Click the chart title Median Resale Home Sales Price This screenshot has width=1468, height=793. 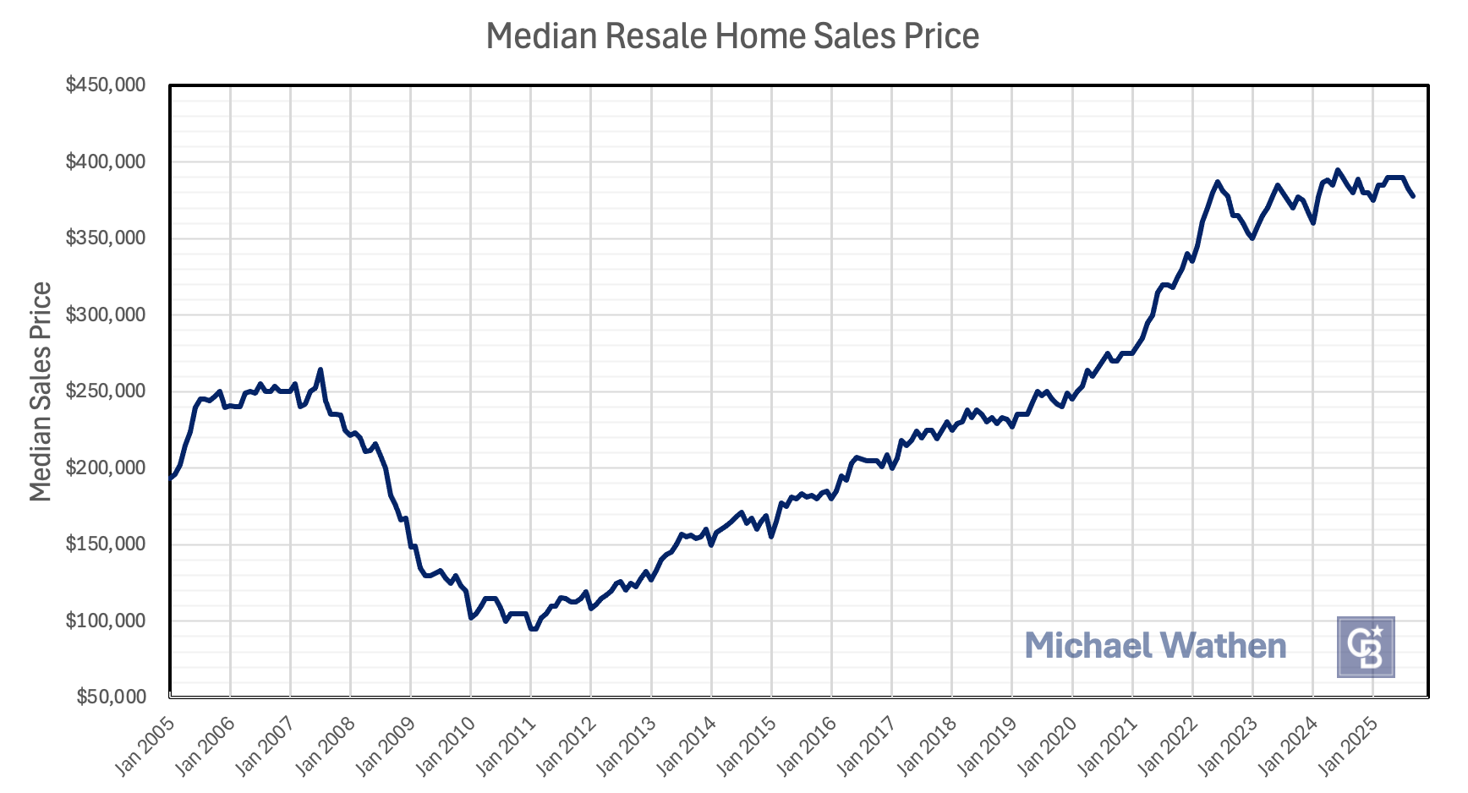(732, 36)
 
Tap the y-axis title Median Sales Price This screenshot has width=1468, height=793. (41, 391)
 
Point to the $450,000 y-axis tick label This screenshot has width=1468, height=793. (105, 85)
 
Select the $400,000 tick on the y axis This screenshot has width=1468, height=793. (105, 161)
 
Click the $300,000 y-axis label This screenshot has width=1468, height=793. (105, 314)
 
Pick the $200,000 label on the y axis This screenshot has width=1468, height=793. (105, 468)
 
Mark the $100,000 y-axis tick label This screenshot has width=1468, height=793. (105, 621)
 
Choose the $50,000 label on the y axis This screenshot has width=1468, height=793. (110, 697)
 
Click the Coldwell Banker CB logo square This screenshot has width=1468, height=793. (1365, 647)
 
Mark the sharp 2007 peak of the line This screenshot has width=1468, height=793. (320, 369)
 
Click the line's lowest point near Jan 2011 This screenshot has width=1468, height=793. (533, 629)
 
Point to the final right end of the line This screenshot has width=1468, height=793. (1412, 196)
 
